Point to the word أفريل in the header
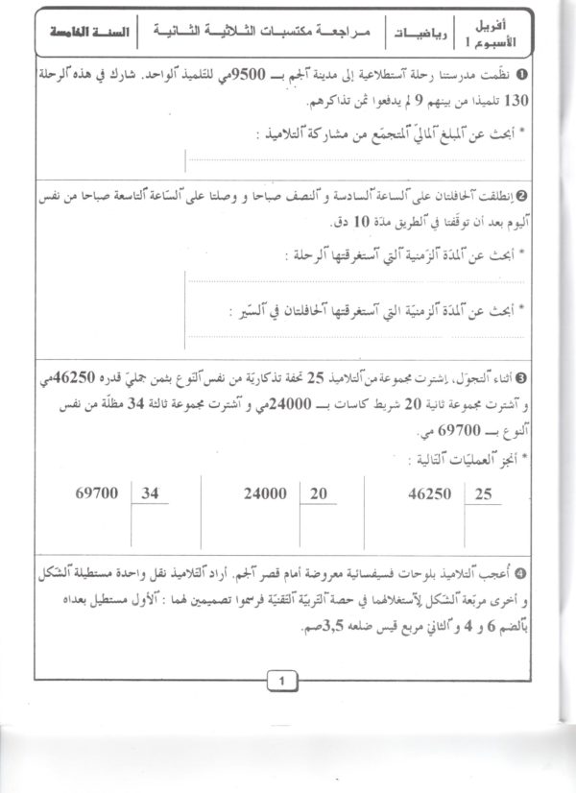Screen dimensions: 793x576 pos(505,22)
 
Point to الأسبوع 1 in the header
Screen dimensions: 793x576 pos(500,42)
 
